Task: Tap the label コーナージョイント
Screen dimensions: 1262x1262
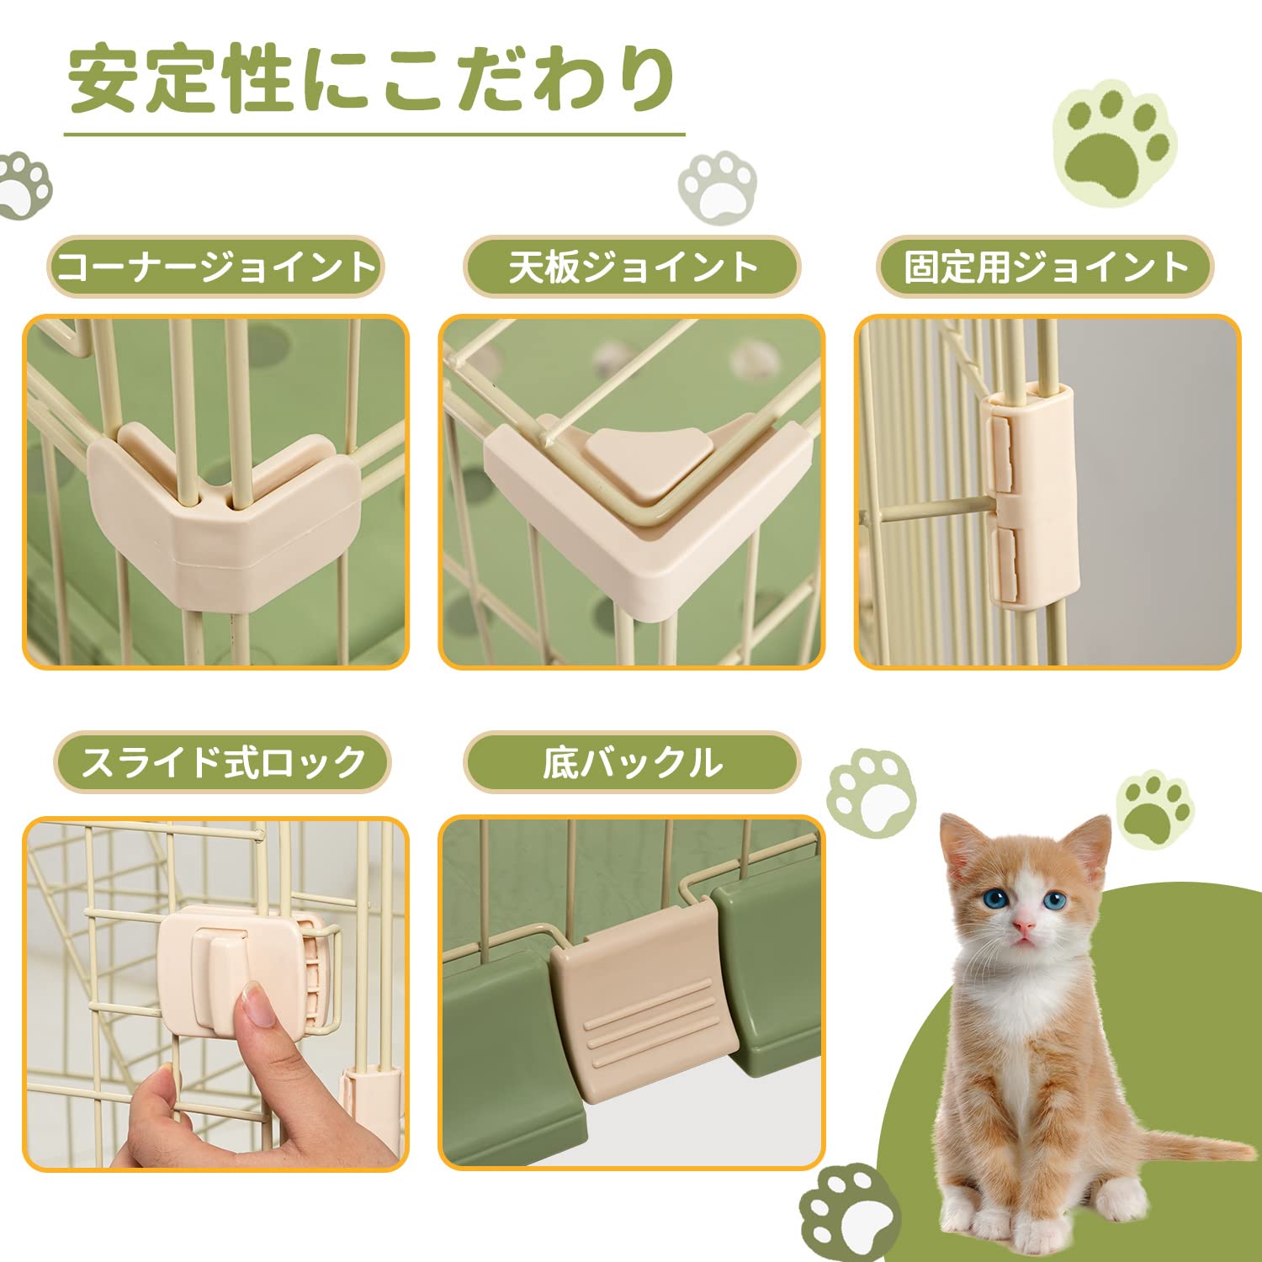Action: coord(215,267)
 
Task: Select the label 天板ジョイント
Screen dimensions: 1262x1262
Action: coord(632,267)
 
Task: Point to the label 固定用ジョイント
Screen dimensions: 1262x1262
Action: coord(1045,267)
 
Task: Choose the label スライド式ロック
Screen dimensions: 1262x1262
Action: coord(222,762)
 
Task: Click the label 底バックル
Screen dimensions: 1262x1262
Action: coord(631,762)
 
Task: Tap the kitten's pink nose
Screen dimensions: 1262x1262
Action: coord(1023,926)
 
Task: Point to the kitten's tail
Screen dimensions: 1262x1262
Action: coord(1195,1147)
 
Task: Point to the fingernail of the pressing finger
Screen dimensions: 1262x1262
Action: coord(256,1005)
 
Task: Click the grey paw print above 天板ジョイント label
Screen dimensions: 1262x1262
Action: coord(717,187)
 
